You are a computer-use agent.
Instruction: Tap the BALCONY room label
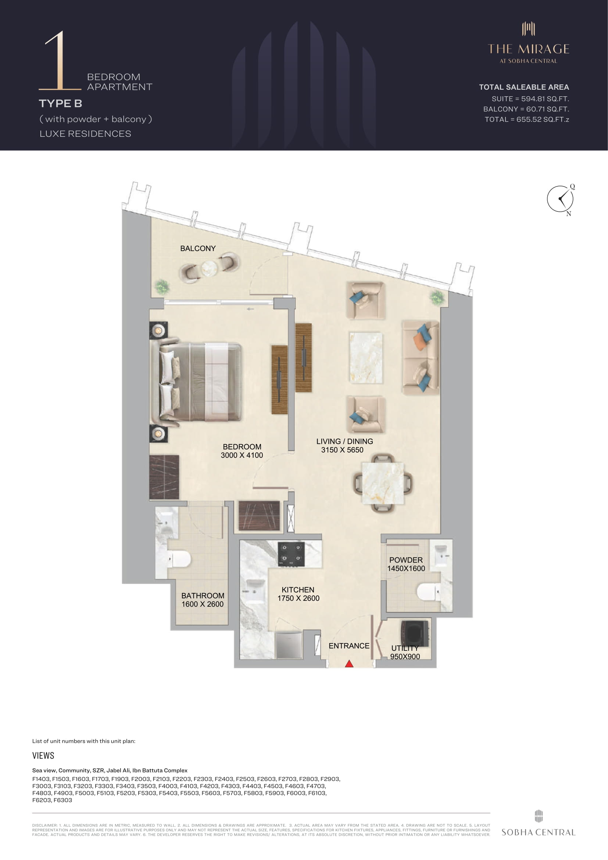pos(198,248)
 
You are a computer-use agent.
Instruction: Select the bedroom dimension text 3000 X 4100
pos(242,455)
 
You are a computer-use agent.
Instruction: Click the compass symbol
pos(561,199)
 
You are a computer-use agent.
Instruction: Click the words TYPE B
pos(60,103)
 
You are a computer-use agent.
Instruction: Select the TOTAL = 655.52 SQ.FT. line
pos(527,119)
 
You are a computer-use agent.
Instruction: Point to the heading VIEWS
pos(43,756)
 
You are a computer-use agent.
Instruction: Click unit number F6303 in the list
pos(63,800)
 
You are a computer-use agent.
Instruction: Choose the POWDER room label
pos(406,560)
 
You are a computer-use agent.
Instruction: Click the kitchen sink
pos(255,592)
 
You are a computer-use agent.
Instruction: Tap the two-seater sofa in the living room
pos(421,358)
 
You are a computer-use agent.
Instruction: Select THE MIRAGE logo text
pos(529,49)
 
